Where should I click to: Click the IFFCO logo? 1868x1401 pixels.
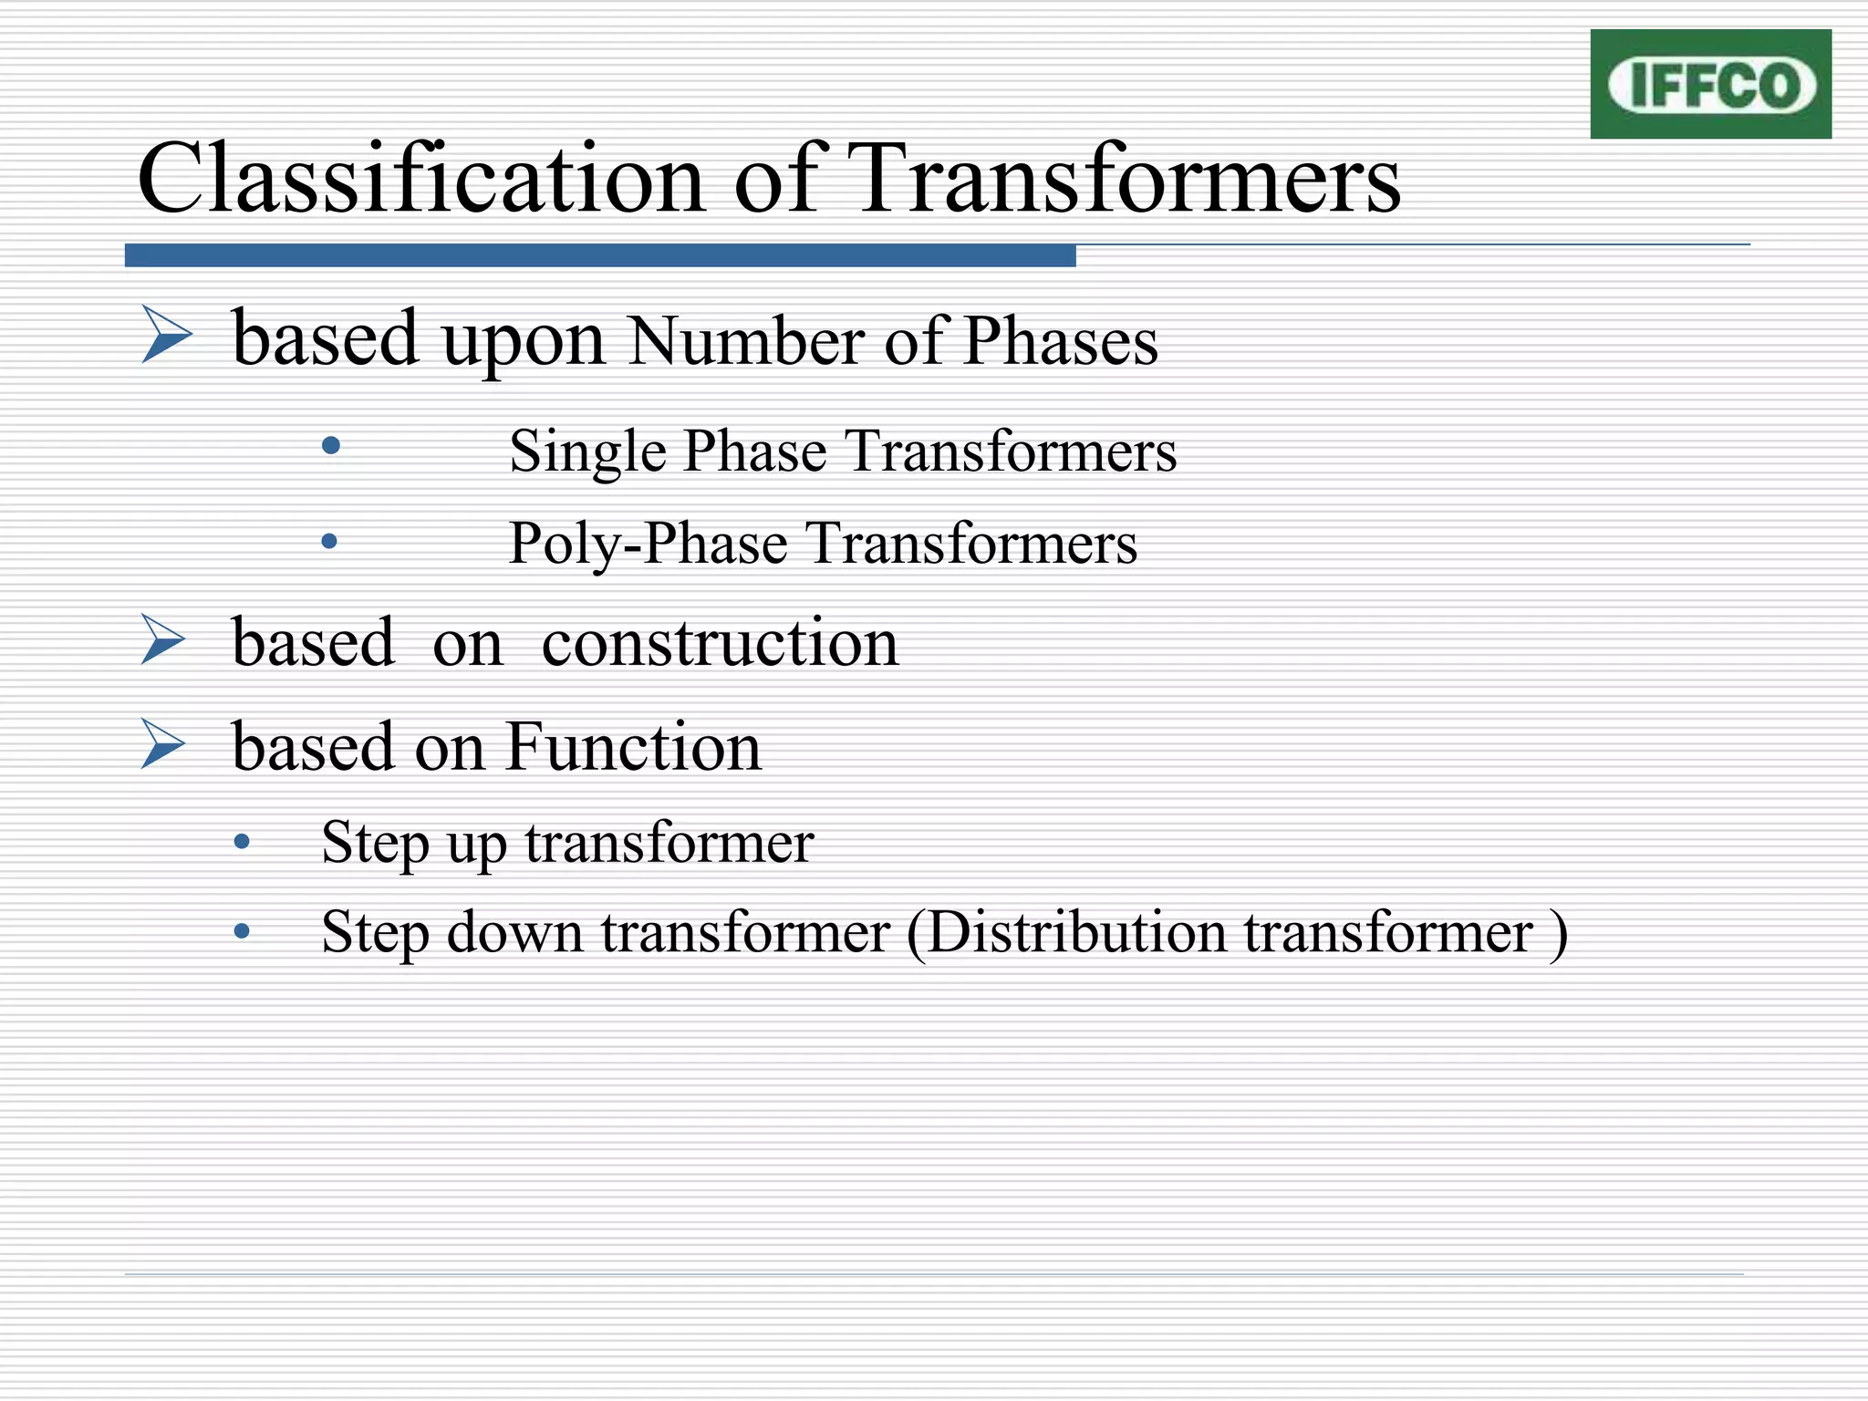click(x=1710, y=84)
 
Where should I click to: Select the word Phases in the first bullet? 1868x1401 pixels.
click(x=1060, y=341)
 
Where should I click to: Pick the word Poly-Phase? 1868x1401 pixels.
click(x=648, y=544)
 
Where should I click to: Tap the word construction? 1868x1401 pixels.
click(x=720, y=643)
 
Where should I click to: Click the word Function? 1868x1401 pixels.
click(x=633, y=747)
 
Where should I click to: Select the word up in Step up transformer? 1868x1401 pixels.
click(x=476, y=843)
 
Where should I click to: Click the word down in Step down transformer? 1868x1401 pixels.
click(x=514, y=933)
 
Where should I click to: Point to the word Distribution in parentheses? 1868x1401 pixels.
click(x=1077, y=933)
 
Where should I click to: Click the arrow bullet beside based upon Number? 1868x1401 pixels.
click(x=167, y=335)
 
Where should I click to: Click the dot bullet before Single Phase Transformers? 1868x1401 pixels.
click(x=331, y=446)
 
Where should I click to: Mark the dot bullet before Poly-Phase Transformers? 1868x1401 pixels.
click(x=329, y=542)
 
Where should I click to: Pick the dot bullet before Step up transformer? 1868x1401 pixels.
click(x=242, y=841)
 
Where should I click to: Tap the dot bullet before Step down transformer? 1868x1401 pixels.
click(x=242, y=931)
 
